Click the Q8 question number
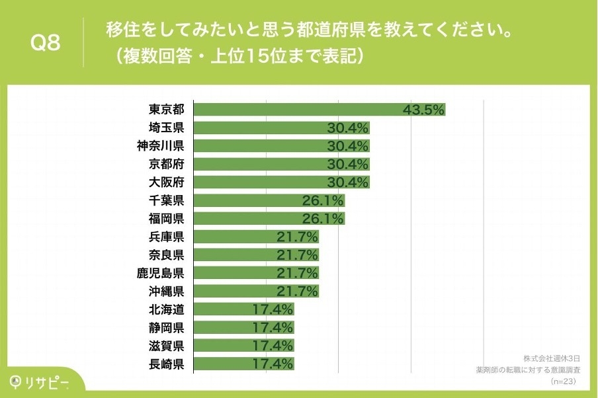coord(46,44)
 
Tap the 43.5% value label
coord(423,110)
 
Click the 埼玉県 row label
coord(166,128)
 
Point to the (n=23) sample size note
coord(563,382)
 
